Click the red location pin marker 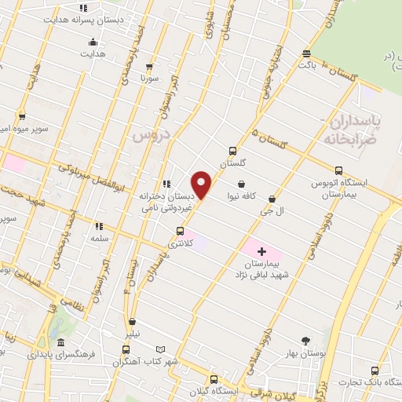click(x=202, y=185)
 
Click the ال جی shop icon click(x=272, y=199)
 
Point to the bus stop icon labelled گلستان click(x=232, y=151)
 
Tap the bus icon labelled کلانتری click(x=181, y=231)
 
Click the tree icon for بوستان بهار click(x=305, y=341)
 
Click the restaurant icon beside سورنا click(x=149, y=67)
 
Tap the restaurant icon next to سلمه click(x=99, y=225)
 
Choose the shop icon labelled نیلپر click(x=132, y=321)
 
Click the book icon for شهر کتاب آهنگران click(x=161, y=349)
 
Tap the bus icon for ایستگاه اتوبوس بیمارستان click(x=338, y=170)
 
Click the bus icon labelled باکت click(x=306, y=53)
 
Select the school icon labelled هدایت click(x=93, y=42)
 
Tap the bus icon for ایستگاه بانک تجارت click(x=375, y=371)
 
